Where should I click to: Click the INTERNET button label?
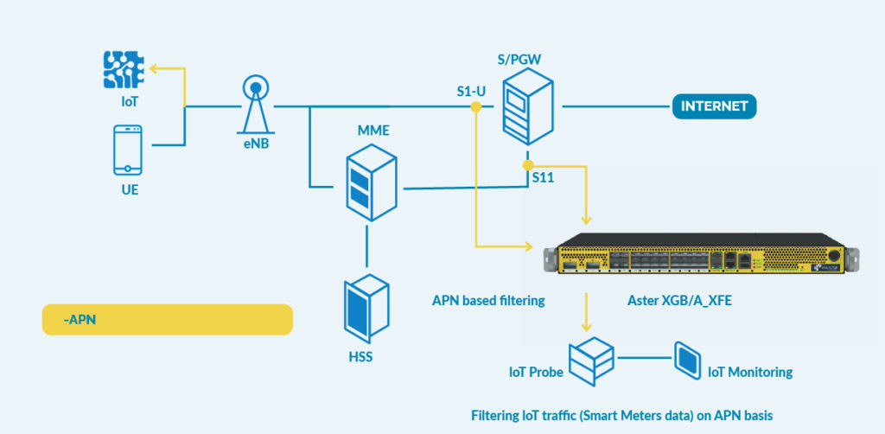coord(714,106)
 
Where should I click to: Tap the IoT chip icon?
coord(124,69)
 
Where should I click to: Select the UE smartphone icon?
coord(128,150)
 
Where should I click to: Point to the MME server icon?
coord(371,182)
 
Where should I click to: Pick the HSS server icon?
coord(366,308)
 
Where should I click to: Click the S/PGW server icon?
coord(528,106)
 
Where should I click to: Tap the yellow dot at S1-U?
coord(476,106)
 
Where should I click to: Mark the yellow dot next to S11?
coord(528,165)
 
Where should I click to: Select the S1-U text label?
coord(471,92)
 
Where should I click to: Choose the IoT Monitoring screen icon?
coord(687,360)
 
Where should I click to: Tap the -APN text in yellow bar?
coord(80,320)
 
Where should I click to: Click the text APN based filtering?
coord(488,300)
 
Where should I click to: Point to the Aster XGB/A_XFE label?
coord(679,300)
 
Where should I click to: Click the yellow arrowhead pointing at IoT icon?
coord(155,69)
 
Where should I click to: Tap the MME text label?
coord(373,131)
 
